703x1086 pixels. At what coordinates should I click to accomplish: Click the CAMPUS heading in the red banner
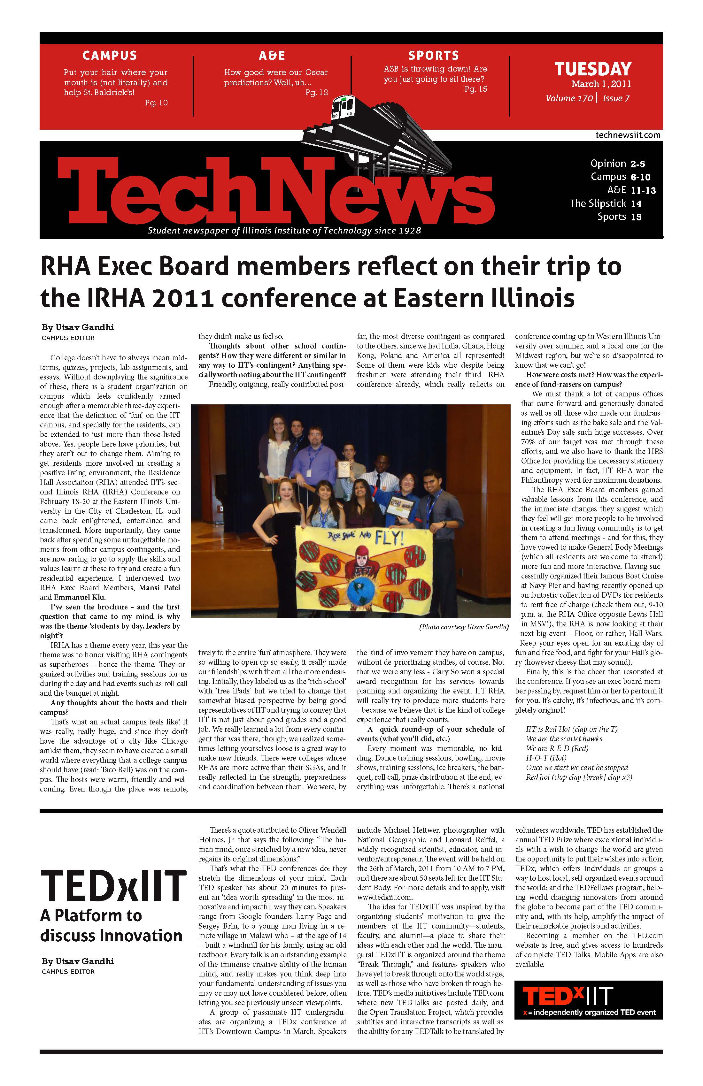110,56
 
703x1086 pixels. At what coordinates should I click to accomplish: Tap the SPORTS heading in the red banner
433,56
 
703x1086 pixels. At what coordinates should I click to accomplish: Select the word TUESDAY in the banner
592,69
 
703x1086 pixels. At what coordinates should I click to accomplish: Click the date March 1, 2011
601,84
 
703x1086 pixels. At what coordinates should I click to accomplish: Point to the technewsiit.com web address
628,135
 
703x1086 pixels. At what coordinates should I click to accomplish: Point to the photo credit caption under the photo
463,627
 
